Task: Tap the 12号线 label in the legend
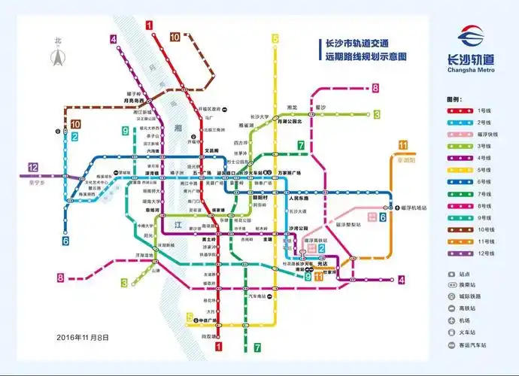pos(484,253)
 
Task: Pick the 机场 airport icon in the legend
pos(452,318)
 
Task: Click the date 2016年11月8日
pos(83,335)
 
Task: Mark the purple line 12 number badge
pos(32,168)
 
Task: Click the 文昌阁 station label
pos(211,150)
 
